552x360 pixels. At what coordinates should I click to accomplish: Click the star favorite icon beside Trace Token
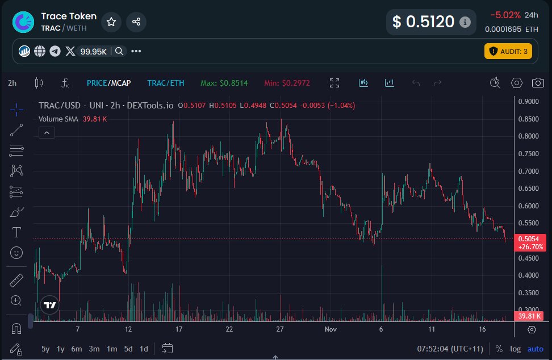pos(111,22)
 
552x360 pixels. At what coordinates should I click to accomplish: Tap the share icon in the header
pos(136,22)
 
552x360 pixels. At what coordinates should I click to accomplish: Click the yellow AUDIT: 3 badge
pos(508,51)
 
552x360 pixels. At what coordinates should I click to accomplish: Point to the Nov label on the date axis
pos(331,329)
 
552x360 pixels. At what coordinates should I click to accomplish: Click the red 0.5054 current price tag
pos(529,238)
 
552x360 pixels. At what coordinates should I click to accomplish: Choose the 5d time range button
pos(128,349)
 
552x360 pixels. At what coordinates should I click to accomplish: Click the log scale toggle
pos(515,349)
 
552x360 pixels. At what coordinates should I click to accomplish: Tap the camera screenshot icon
pos(538,83)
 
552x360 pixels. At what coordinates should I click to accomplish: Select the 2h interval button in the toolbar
pos(12,83)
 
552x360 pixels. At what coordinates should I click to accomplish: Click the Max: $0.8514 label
pos(224,83)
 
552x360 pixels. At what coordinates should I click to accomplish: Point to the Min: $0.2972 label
pos(287,83)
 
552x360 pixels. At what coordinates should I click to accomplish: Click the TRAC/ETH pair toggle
pos(166,83)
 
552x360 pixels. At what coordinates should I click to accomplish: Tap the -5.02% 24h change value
pos(504,15)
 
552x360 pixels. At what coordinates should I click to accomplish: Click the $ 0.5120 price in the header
pos(424,22)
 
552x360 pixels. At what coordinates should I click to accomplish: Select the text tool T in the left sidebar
pos(16,232)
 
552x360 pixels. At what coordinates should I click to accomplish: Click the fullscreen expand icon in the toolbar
pos(334,83)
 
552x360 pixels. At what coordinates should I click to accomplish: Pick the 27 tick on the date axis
pos(279,329)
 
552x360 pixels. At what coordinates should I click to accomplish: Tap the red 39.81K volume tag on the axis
pos(529,316)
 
